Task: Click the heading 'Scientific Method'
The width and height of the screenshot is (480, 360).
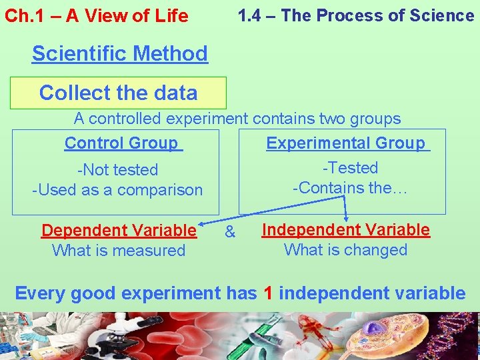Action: pyautogui.click(x=120, y=53)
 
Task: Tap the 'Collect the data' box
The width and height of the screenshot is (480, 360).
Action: pyautogui.click(x=118, y=93)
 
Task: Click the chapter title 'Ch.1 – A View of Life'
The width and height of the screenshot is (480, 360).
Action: pyautogui.click(x=97, y=16)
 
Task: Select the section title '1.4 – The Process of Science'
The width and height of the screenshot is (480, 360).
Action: pyautogui.click(x=356, y=15)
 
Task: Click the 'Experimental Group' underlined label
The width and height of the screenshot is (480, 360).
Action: pyautogui.click(x=347, y=143)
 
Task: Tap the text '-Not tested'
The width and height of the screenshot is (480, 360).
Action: pyautogui.click(x=117, y=170)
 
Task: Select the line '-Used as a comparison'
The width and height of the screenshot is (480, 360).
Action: pyautogui.click(x=117, y=190)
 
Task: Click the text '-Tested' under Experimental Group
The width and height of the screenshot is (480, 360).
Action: pyautogui.click(x=350, y=168)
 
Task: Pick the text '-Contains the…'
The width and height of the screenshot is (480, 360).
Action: pyautogui.click(x=350, y=188)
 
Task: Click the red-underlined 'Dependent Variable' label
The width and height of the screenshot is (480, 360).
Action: pyautogui.click(x=119, y=231)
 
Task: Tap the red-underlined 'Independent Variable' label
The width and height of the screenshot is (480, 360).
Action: pyautogui.click(x=345, y=230)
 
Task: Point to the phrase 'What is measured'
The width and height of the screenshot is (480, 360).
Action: pyautogui.click(x=119, y=251)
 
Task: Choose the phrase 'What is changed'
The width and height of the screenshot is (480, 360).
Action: pyautogui.click(x=345, y=250)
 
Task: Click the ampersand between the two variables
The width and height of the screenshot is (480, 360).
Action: pyautogui.click(x=230, y=232)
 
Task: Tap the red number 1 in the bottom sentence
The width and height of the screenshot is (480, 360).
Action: pyautogui.click(x=268, y=293)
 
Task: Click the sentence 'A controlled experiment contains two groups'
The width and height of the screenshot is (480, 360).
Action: pyautogui.click(x=237, y=119)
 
